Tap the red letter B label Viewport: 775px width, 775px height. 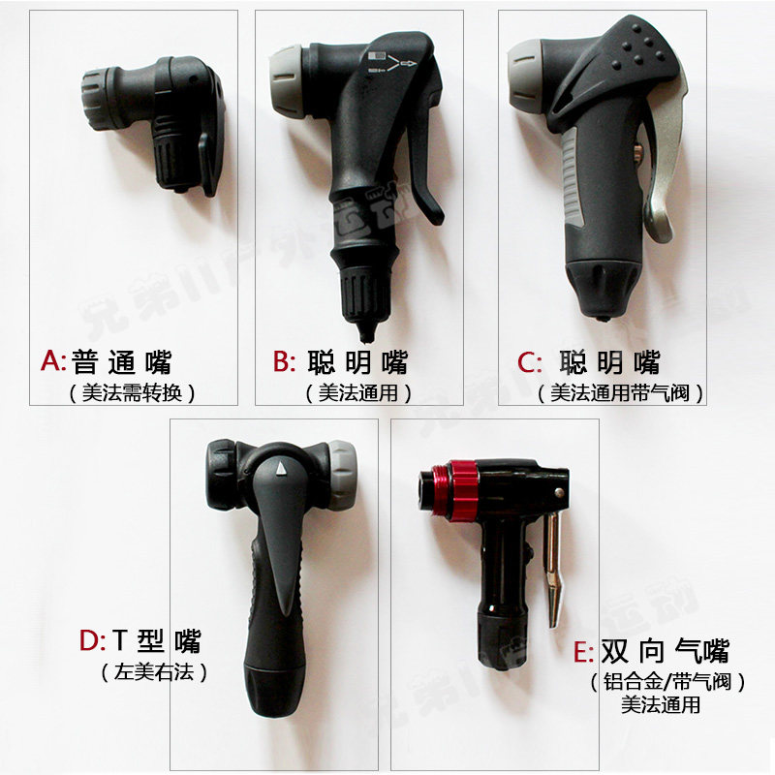[x=283, y=362]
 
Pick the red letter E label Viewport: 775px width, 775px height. [x=581, y=650]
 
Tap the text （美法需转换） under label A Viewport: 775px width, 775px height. [x=133, y=392]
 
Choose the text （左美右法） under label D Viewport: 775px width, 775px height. [x=156, y=671]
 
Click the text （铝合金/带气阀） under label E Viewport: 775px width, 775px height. [x=668, y=682]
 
